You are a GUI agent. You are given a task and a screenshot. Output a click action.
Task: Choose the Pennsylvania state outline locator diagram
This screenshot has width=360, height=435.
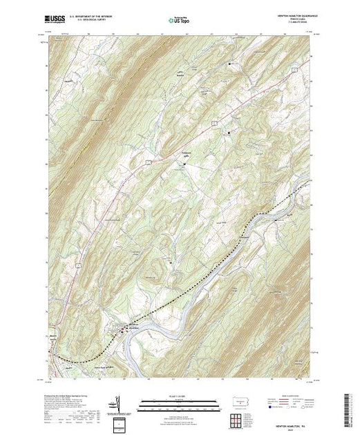coord(236,402)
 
